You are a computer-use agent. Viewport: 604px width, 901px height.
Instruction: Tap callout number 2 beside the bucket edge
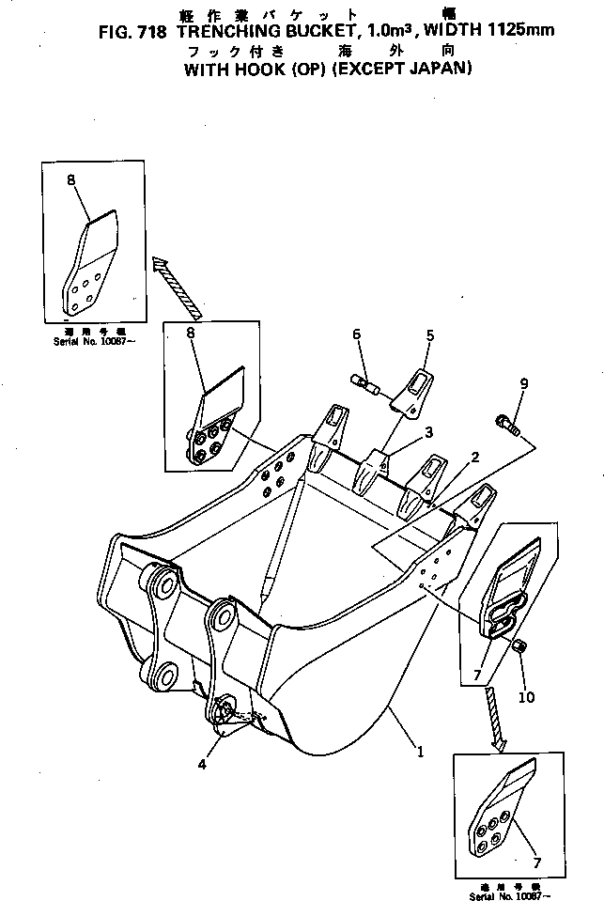475,458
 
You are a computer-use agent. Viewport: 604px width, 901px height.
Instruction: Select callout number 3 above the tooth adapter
427,432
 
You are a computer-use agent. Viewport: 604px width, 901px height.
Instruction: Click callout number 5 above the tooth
430,334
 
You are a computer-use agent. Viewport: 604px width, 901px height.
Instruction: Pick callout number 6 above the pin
357,335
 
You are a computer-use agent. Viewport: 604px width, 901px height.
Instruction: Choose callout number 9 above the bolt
524,383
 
